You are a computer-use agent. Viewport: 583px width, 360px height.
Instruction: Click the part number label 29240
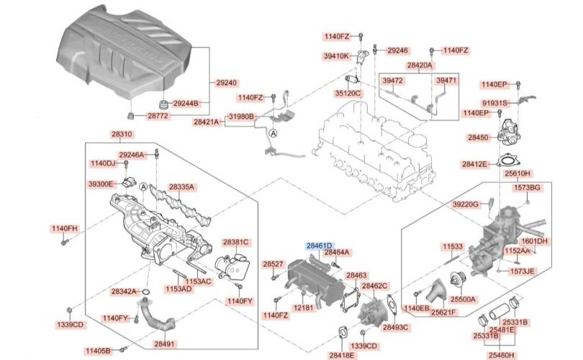(227, 83)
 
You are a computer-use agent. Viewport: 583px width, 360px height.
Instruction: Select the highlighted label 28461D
(320, 246)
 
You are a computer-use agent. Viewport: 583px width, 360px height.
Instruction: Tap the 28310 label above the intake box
(122, 135)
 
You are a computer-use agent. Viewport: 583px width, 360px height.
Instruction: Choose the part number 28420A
(420, 65)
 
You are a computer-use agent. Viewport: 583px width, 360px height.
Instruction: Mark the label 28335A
(182, 187)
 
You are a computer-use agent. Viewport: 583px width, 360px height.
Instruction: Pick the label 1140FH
(63, 229)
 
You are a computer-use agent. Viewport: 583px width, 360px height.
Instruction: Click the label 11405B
(98, 351)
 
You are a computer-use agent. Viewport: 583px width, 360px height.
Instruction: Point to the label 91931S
(495, 103)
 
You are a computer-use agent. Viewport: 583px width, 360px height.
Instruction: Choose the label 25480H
(501, 354)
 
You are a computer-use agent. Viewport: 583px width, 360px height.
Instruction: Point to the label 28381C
(235, 243)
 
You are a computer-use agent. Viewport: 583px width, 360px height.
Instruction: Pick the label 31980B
(241, 117)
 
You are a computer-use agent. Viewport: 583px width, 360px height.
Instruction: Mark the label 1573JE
(523, 271)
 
